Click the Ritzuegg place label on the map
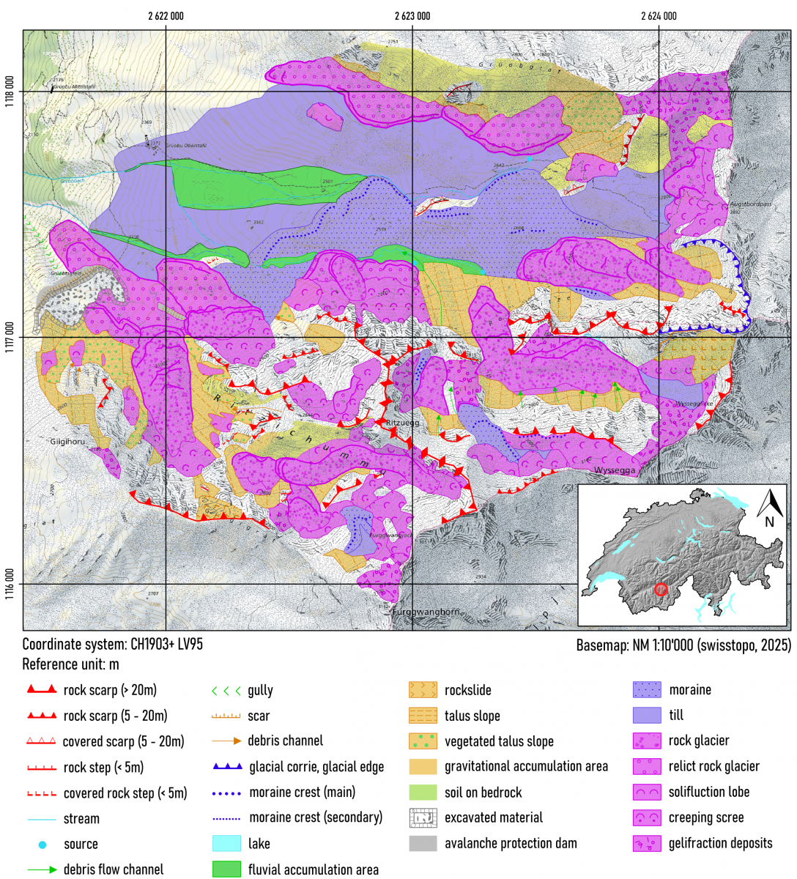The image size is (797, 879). tap(402, 423)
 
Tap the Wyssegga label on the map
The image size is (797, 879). tap(615, 470)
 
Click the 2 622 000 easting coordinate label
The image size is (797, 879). tap(166, 16)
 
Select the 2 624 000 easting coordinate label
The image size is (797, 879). tap(659, 16)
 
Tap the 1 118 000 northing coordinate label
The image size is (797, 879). tap(10, 92)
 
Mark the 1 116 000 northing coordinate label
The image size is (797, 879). tap(10, 584)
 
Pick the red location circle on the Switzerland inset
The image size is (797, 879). tap(661, 589)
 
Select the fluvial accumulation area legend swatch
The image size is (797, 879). tap(226, 869)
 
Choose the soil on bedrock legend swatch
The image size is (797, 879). tap(423, 792)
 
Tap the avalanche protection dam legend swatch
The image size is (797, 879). tap(423, 843)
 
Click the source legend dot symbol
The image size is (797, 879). tap(42, 845)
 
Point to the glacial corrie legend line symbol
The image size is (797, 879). tap(226, 766)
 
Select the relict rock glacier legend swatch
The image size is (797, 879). tap(647, 766)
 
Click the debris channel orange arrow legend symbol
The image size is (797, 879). tap(226, 741)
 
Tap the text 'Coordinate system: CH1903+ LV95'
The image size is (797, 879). tap(112, 645)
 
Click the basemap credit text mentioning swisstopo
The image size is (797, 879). tap(683, 645)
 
